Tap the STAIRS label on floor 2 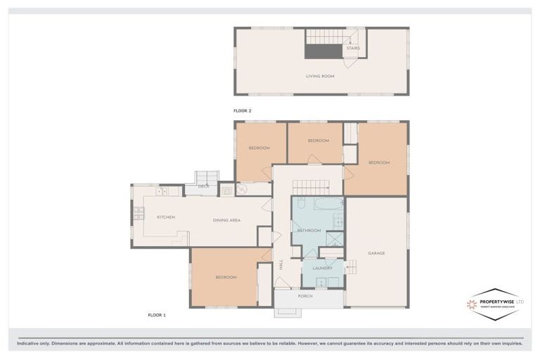[352, 49]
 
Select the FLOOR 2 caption [242, 111]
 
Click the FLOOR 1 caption [156, 315]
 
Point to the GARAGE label [376, 253]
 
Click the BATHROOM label [309, 231]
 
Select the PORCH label [305, 296]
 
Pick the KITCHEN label [166, 217]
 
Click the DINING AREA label [226, 220]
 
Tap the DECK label [203, 186]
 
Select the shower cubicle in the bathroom [335, 238]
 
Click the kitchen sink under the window [162, 191]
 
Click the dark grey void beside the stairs [323, 51]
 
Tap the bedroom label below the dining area [226, 278]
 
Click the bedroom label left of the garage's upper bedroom [318, 141]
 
